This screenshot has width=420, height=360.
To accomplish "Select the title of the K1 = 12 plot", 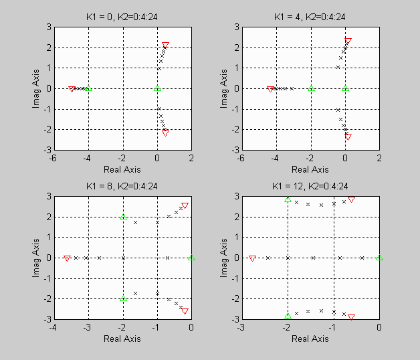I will [x=310, y=187].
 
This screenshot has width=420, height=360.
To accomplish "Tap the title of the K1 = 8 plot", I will [x=122, y=187].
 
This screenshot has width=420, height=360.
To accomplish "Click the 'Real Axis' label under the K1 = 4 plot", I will [x=310, y=169].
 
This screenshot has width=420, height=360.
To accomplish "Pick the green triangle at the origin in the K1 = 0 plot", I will [x=157, y=88].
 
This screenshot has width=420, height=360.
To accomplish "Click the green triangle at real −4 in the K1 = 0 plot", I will [x=88, y=88].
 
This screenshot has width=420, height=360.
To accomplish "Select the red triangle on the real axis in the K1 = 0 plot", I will [x=72, y=89].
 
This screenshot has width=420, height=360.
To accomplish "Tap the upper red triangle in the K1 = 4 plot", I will [x=348, y=41].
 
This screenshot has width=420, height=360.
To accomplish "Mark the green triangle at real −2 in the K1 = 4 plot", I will [x=310, y=88].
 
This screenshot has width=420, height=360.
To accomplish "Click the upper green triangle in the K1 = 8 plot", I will [x=123, y=217].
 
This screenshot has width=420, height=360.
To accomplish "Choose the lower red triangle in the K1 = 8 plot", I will [x=185, y=310].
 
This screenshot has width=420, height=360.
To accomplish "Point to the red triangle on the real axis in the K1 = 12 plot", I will [x=252, y=258].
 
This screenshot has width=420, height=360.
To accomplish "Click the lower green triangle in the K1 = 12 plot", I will [x=288, y=316].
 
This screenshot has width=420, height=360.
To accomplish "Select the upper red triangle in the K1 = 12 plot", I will [x=351, y=199].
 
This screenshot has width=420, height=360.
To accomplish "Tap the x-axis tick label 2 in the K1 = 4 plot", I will [x=379, y=159].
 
